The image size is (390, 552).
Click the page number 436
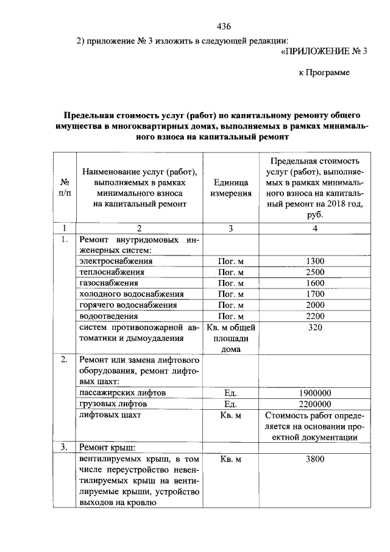(224, 26)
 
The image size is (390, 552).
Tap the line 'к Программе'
(324, 73)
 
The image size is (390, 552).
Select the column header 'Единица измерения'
(231, 188)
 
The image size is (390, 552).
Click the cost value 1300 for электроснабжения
(315, 261)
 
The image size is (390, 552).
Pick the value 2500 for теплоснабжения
(315, 272)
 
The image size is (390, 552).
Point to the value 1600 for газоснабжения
(315, 283)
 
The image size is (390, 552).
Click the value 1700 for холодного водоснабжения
(315, 294)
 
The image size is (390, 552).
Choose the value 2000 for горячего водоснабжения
(315, 305)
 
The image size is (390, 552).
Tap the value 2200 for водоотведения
(315, 316)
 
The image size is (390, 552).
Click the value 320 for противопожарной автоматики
(315, 327)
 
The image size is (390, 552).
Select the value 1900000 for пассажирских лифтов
(315, 393)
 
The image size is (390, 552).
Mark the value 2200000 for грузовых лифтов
(315, 404)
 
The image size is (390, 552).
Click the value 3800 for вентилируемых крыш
(315, 459)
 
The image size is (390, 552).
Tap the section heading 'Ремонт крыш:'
(106, 448)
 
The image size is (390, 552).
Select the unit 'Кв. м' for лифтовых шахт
(230, 415)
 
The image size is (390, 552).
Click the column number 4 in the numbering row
(315, 229)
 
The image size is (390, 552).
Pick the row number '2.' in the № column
(64, 359)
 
